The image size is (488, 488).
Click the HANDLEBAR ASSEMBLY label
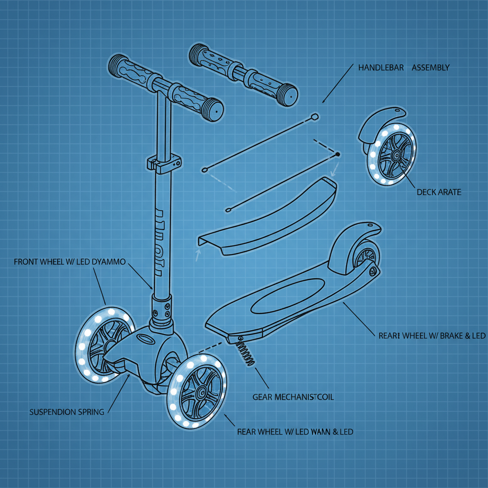point(403,68)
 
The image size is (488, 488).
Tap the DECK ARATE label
point(438,193)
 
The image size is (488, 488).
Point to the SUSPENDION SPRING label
point(67,412)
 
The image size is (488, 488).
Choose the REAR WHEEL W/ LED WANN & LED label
point(295,432)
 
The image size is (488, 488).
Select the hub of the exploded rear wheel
point(395,155)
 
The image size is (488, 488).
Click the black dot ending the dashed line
point(338,154)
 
